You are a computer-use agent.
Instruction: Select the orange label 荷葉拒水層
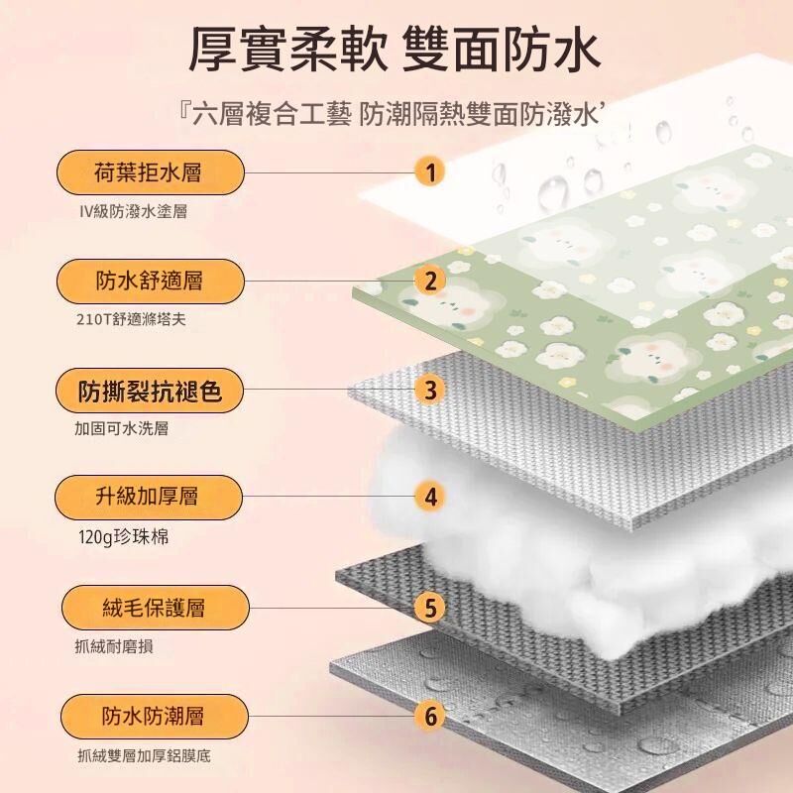click(x=151, y=172)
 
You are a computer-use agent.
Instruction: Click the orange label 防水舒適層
click(x=151, y=282)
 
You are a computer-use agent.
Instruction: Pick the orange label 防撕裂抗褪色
click(x=150, y=391)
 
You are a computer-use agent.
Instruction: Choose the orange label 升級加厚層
click(x=149, y=498)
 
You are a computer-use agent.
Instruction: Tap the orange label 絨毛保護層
click(x=156, y=608)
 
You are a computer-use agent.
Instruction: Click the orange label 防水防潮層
click(x=155, y=717)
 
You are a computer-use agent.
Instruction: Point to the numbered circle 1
click(x=430, y=172)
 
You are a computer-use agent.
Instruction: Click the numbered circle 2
click(x=430, y=282)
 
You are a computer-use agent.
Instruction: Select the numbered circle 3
click(x=430, y=391)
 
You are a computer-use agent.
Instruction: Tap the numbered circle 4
click(x=430, y=498)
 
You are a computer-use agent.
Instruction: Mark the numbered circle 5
click(x=430, y=608)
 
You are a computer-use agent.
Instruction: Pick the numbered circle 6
click(x=430, y=717)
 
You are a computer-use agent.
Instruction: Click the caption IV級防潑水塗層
click(x=134, y=211)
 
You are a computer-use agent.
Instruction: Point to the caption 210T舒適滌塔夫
click(x=132, y=319)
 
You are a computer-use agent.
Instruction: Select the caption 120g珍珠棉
click(x=124, y=537)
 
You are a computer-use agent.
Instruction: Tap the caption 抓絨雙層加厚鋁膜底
click(x=144, y=756)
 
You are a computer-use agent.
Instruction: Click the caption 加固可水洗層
click(x=121, y=429)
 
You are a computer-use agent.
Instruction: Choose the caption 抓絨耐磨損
click(x=114, y=646)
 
